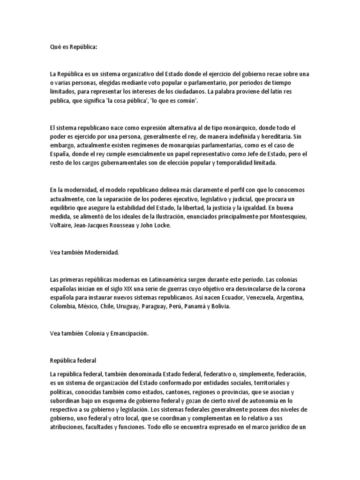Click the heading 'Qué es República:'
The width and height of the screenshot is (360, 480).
(x=74, y=47)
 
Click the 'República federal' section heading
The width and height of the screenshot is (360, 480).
(x=73, y=361)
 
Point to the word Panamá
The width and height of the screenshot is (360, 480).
(x=193, y=307)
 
